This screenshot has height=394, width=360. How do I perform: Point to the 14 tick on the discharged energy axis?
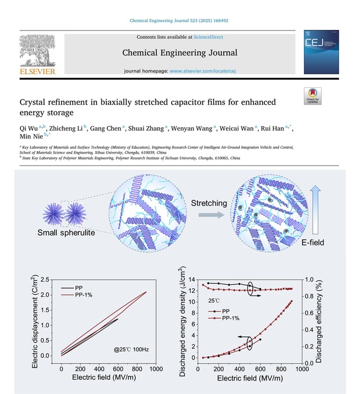click(x=192, y=280)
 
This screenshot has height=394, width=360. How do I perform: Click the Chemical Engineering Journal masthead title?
click(x=180, y=53)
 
